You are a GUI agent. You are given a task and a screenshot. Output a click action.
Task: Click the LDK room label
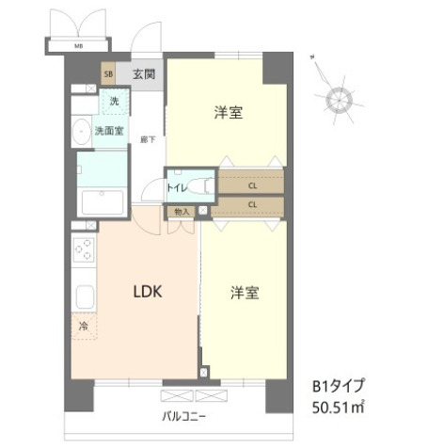[147, 292]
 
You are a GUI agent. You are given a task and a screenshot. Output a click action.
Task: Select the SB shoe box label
[108, 74]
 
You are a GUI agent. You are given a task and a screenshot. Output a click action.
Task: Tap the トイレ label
[177, 187]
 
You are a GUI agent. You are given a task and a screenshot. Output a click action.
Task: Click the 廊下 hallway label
[147, 139]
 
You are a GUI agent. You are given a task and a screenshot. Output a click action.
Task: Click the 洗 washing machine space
[114, 102]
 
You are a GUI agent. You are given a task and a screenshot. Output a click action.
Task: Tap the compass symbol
[338, 98]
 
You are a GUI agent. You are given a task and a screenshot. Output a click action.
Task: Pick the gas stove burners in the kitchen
[83, 250]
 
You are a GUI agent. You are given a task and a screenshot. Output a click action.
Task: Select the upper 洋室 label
[229, 114]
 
